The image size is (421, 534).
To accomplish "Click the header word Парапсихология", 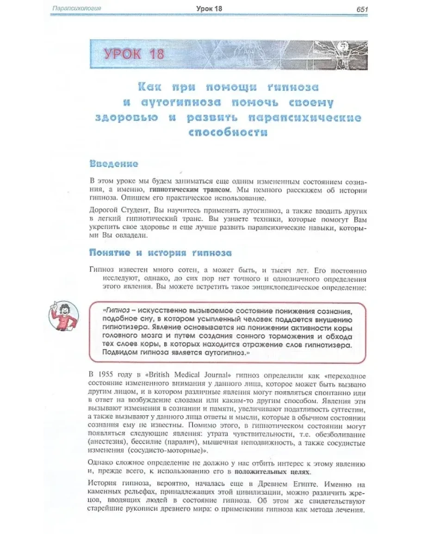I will point(77,8).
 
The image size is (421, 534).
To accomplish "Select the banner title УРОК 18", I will point(134,54).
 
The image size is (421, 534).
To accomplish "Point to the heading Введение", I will point(114,164).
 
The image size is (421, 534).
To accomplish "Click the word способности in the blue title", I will point(228,132).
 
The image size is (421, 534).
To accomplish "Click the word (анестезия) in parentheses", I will point(108,442).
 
